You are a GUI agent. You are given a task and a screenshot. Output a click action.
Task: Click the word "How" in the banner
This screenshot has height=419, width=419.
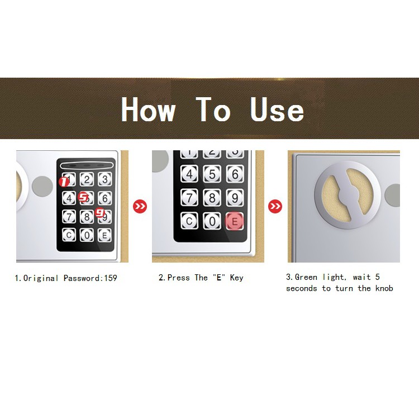click(148, 109)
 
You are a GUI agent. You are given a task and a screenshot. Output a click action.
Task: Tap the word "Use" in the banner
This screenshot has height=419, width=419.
click(277, 109)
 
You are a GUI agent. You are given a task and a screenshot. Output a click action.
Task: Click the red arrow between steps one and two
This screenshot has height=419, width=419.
click(140, 206)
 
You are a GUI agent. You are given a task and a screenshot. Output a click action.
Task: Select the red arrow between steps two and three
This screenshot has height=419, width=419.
click(275, 206)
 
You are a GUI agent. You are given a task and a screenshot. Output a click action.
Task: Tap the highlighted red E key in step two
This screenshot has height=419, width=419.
click(235, 221)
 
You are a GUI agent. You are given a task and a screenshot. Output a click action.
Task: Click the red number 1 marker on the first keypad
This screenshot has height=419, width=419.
click(64, 182)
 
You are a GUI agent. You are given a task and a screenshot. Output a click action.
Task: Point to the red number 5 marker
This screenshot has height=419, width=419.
click(83, 197)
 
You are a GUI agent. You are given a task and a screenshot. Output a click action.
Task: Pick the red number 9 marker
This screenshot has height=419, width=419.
click(100, 213)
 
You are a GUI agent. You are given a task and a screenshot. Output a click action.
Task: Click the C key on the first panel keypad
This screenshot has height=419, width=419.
click(69, 235)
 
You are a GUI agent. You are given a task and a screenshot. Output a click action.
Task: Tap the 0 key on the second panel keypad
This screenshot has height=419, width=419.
click(212, 221)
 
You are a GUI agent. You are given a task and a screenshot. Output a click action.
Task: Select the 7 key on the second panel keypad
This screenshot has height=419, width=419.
click(189, 198)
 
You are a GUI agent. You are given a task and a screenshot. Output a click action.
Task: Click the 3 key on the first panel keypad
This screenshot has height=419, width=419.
click(105, 179)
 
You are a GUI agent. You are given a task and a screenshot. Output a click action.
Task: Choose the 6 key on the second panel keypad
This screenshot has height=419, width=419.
click(235, 174)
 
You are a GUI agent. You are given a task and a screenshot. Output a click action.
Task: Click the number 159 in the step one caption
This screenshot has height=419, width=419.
click(111, 278)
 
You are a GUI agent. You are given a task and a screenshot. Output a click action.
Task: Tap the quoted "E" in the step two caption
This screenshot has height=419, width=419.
click(219, 277)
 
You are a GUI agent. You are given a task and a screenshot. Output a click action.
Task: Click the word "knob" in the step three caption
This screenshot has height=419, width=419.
click(384, 288)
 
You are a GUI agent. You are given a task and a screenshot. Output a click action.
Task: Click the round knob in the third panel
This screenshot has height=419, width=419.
click(347, 195)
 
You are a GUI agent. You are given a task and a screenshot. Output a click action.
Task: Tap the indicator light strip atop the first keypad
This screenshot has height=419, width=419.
click(85, 166)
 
